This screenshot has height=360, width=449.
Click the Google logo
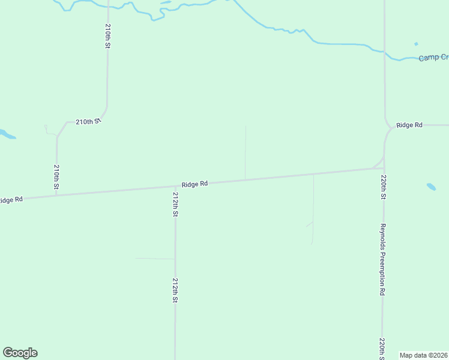[x=20, y=353]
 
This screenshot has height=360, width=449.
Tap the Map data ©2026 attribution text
[x=424, y=355]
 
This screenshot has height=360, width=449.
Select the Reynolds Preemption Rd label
[x=382, y=259]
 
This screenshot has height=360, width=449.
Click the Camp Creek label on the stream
[x=433, y=57]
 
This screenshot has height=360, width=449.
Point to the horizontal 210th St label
[x=88, y=121]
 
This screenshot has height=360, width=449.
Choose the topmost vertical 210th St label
[x=107, y=36]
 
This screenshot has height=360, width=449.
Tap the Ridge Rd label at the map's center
[x=194, y=184]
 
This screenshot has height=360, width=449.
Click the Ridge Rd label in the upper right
[x=409, y=125]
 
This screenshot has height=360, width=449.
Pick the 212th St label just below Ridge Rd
[x=175, y=204]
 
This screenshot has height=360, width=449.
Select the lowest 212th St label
[x=175, y=290]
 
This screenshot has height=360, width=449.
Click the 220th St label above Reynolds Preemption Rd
[x=382, y=187]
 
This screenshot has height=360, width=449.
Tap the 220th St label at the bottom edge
[x=382, y=348]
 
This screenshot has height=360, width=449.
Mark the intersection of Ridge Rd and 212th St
[x=175, y=186]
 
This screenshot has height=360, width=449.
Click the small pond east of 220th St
[x=431, y=187]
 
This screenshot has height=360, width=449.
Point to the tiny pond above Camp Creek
[x=416, y=44]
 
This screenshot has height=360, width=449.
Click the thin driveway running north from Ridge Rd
[x=245, y=153]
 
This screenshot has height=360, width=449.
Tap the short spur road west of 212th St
[x=154, y=259]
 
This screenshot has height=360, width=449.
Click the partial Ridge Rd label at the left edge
[x=11, y=199]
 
